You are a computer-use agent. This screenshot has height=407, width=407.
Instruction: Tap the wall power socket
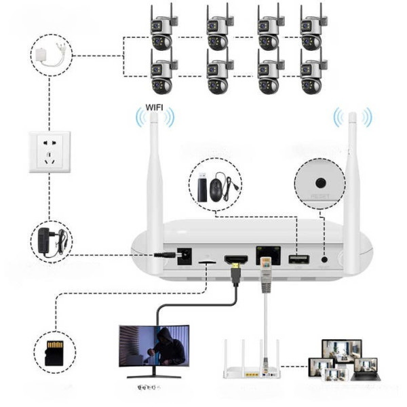pyautogui.click(x=50, y=152)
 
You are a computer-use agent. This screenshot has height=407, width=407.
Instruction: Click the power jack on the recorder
pyautogui.click(x=182, y=256)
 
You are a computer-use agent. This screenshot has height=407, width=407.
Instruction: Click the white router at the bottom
pyautogui.click(x=252, y=358)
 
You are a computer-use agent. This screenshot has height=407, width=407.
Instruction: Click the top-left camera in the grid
pyautogui.click(x=163, y=29)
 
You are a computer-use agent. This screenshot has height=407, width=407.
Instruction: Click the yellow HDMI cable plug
pyautogui.click(x=235, y=275)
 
